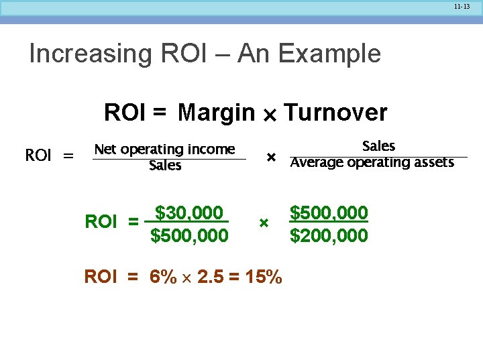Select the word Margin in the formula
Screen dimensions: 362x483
point(217,113)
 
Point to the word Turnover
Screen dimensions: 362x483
point(335,113)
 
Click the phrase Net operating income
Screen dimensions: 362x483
point(164,149)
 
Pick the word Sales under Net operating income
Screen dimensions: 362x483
point(165,165)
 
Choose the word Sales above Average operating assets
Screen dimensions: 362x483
point(378,145)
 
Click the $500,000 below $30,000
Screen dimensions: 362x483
point(189,236)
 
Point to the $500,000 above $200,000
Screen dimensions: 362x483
point(329,213)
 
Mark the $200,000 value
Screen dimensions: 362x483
point(329,236)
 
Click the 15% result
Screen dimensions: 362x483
point(264,277)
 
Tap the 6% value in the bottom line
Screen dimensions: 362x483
point(164,277)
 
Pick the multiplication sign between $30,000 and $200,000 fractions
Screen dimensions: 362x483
point(264,222)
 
